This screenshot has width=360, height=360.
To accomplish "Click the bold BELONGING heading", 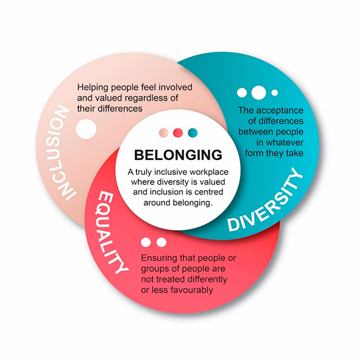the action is [178, 155].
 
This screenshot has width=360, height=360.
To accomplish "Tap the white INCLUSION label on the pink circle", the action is [62, 152].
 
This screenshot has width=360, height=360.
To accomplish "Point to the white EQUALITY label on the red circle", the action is [110, 233].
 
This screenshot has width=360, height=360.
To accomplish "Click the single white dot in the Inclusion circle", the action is [86, 129].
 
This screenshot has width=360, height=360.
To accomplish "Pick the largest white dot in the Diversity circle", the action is [259, 92].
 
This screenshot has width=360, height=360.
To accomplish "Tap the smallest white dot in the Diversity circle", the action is [274, 93].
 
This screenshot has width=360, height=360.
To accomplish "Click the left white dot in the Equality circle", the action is [146, 242].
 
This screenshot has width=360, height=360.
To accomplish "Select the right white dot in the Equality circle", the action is [161, 242].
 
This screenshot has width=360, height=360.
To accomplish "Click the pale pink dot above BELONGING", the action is [164, 133].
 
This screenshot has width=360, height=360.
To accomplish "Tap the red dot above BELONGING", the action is [178, 133].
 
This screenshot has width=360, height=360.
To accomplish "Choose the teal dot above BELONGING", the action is [192, 133].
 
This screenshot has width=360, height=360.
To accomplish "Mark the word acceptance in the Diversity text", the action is [280, 111].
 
